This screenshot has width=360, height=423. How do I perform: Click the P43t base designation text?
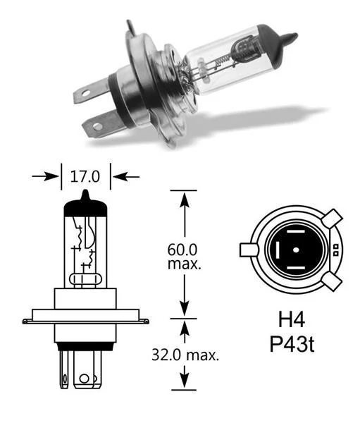pos(291,345)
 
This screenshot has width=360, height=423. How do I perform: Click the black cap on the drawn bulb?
pos(84,205)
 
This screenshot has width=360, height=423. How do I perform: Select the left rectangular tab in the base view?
pos(249,250)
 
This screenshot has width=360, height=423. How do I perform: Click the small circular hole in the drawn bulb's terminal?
pos(85,379)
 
